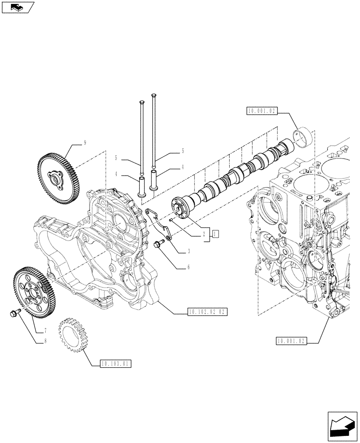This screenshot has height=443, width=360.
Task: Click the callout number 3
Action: pyautogui.click(x=189, y=251)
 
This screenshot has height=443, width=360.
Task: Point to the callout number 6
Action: pyautogui.click(x=188, y=268)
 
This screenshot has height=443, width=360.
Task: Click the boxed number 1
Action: pyautogui.click(x=215, y=234)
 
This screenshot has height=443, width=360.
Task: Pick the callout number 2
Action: pyautogui.click(x=203, y=234)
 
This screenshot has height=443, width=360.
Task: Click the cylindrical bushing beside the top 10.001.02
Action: pyautogui.click(x=303, y=136)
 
